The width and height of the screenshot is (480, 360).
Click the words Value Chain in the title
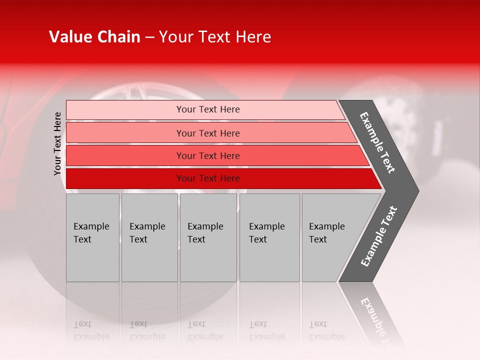coord(94,37)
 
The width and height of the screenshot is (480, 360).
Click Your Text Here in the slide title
coord(214,37)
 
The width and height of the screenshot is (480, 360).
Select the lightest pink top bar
coord(125,110)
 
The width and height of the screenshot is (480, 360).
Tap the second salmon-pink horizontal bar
coord(125,133)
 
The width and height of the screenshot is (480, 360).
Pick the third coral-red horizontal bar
coord(125,155)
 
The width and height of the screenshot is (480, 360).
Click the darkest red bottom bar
coord(125,178)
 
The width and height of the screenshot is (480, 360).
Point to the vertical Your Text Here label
coord(57,143)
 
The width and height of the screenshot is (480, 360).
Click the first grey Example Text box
coord(92,238)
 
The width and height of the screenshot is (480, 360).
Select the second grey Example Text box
coord(149,238)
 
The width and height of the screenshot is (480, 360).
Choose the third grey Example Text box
coord(208,238)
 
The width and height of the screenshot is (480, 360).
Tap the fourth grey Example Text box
coord(269,238)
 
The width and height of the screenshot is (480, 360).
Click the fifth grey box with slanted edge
coord(330,238)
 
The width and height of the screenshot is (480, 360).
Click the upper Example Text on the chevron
coord(377,142)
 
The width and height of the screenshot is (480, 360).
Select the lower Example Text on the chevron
coord(379,236)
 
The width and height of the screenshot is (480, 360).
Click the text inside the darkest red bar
coord(208,178)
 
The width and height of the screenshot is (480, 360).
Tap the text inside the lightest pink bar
coord(208,109)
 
